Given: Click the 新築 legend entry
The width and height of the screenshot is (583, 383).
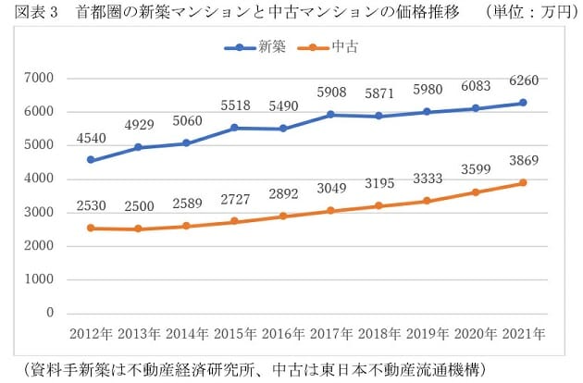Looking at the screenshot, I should click(263, 46).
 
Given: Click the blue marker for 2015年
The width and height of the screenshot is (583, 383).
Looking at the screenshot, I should click(234, 128).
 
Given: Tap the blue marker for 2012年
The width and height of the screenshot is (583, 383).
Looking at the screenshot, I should click(91, 160).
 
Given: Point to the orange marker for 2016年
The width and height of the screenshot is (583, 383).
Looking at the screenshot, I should click(281, 216).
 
